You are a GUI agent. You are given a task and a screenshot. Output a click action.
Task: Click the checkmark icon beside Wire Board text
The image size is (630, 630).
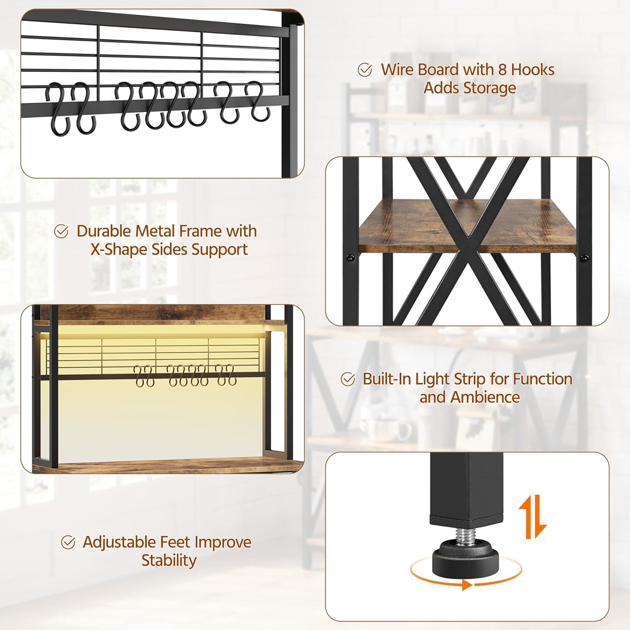[x=365, y=70]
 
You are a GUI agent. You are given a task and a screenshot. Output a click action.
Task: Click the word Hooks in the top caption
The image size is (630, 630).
[x=532, y=70]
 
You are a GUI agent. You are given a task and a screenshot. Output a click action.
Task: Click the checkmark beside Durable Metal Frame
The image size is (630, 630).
[x=61, y=232]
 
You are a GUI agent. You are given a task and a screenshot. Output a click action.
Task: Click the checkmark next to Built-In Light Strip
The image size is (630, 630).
[x=348, y=379]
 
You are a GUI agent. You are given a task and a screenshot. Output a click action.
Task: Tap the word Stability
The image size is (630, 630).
[x=169, y=560]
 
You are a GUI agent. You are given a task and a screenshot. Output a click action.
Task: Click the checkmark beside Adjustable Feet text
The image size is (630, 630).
[x=68, y=542]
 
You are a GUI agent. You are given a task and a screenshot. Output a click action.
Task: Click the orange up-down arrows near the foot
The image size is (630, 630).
[x=533, y=516]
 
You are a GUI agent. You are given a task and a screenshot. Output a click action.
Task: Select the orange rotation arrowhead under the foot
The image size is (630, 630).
[x=467, y=585]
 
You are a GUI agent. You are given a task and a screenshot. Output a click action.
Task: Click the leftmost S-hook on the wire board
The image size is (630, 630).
[x=58, y=109]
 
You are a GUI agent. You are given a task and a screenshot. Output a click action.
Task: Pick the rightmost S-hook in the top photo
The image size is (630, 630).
[x=256, y=101]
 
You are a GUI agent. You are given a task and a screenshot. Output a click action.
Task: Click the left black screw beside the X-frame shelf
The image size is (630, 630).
[x=350, y=258]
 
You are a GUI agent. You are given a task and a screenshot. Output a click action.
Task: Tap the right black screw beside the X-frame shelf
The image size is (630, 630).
[x=585, y=258]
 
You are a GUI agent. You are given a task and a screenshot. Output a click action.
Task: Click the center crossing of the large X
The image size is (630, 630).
[x=468, y=239]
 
